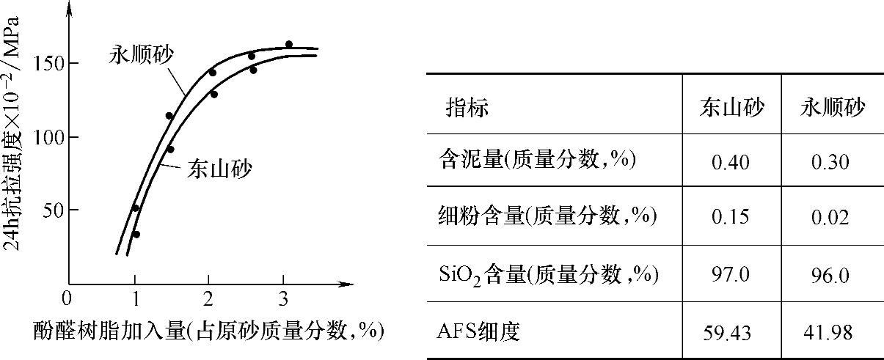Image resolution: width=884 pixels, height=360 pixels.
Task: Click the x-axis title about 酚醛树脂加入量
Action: click(x=209, y=331)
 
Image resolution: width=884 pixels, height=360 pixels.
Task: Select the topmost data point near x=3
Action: click(x=288, y=45)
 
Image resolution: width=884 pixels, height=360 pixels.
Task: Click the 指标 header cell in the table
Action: click(x=467, y=109)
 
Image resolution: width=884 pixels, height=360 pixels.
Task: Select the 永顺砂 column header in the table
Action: click(x=832, y=109)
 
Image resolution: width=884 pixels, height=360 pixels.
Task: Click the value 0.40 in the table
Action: click(x=731, y=162)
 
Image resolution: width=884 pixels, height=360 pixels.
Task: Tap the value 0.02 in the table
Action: click(x=831, y=218)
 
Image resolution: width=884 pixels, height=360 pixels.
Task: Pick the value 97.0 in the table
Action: click(x=731, y=275)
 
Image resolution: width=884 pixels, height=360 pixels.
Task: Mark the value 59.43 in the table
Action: click(x=731, y=333)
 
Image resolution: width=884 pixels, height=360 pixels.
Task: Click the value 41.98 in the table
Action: click(x=831, y=333)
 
